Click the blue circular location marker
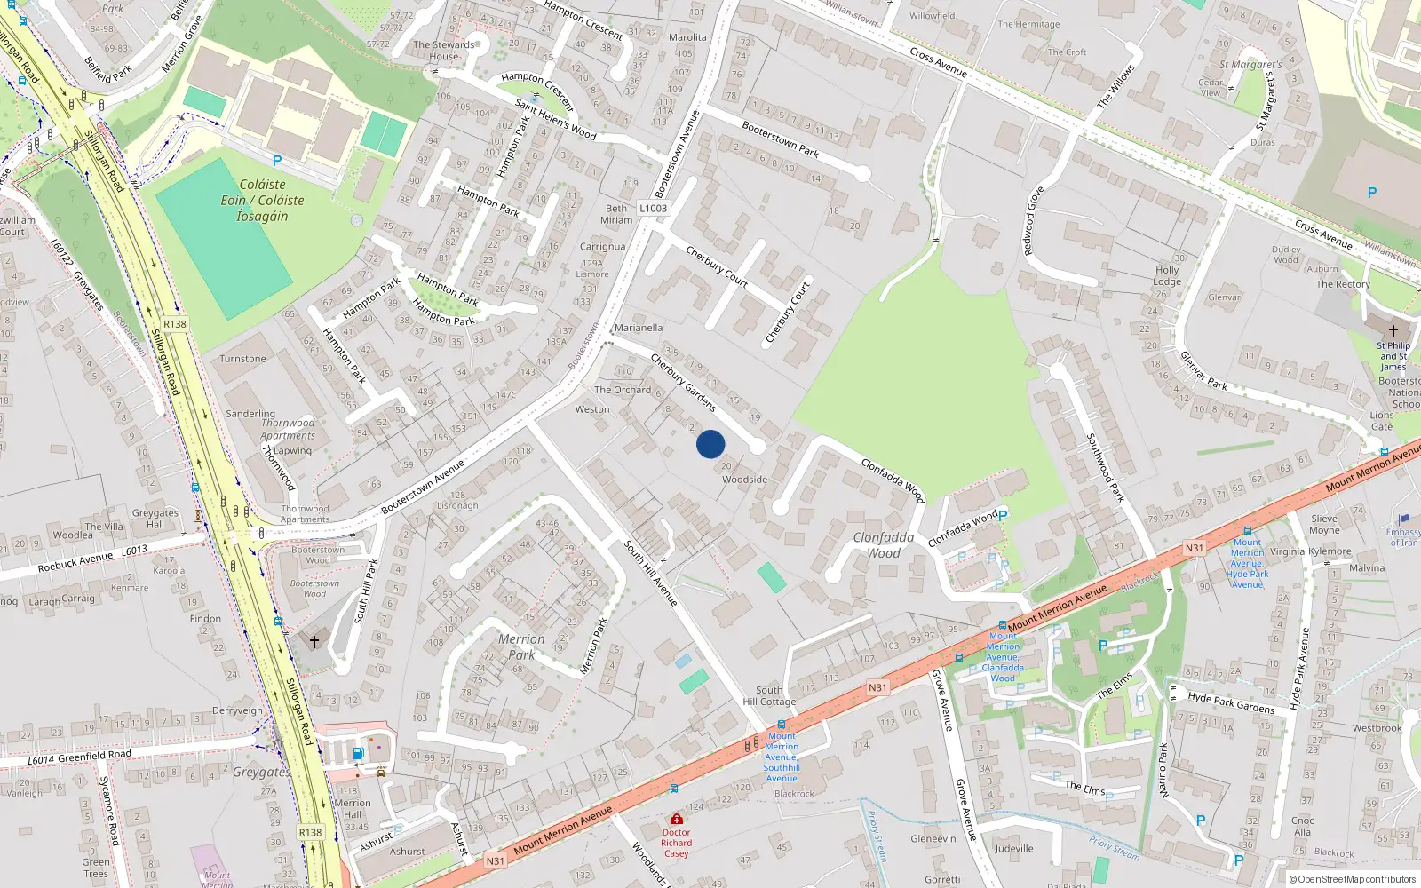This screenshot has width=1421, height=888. point(710,444)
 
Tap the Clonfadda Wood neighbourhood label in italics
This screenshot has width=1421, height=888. point(883,545)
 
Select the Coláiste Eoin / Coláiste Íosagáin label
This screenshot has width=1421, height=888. point(262,200)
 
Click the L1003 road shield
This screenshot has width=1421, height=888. point(653,209)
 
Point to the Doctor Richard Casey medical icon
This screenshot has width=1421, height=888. point(677,818)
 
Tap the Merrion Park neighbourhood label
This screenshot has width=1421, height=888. point(521,646)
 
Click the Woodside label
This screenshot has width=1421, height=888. point(744,480)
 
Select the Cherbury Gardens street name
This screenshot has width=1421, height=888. point(683,382)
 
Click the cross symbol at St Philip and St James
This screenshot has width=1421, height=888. point(1393,330)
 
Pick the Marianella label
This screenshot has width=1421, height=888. point(639,328)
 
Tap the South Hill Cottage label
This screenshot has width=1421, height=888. point(769,695)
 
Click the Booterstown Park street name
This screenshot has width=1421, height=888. point(780,139)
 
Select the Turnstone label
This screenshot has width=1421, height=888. point(242,359)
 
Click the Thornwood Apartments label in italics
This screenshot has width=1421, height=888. point(288,429)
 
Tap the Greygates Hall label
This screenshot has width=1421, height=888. point(155,519)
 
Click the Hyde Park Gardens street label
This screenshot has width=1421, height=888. point(1231,702)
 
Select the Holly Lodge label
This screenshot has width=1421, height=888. point(1167,275)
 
